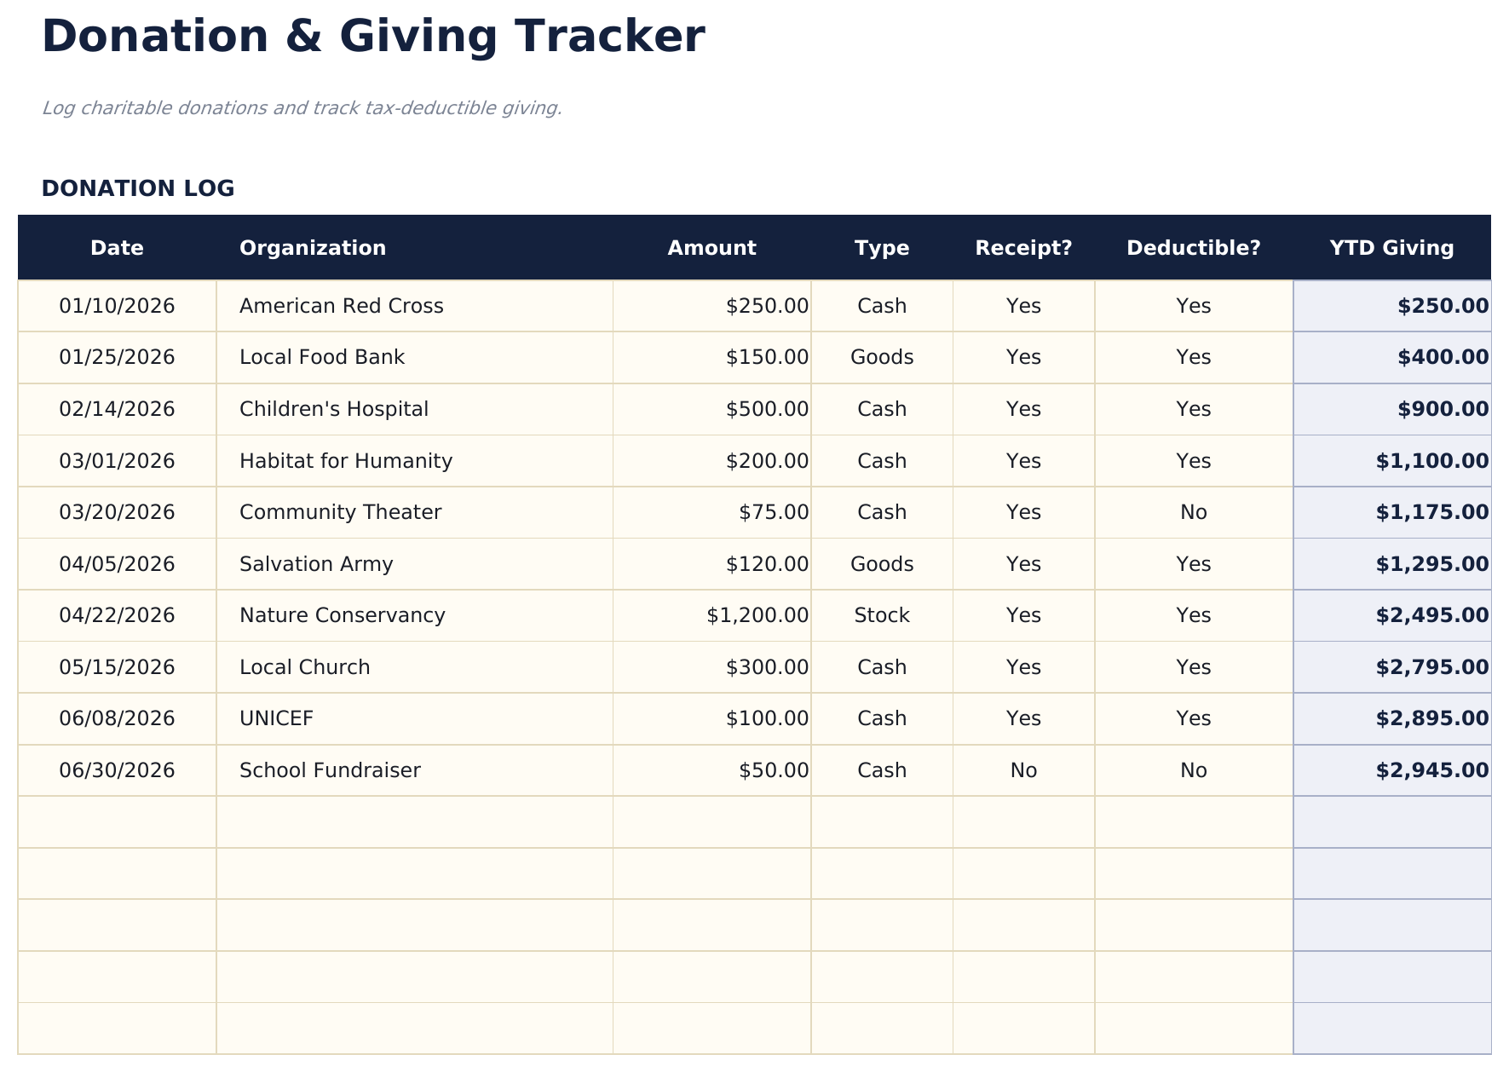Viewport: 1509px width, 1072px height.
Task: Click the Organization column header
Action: pos(312,248)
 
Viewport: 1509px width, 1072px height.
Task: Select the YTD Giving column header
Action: pos(1391,248)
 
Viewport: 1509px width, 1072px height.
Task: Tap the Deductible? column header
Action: pos(1193,248)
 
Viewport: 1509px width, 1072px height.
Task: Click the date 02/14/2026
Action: pos(117,409)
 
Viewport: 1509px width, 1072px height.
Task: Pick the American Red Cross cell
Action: pos(341,306)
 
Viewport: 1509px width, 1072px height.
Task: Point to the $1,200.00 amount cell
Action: pos(757,615)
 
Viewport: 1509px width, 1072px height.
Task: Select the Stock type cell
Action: pos(882,615)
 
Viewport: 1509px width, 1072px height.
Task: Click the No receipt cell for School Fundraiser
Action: pos(1023,770)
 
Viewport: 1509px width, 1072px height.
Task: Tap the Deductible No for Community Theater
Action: pos(1193,512)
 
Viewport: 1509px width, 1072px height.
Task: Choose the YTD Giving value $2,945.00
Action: pos(1431,770)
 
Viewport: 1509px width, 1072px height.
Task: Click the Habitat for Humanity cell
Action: pos(345,461)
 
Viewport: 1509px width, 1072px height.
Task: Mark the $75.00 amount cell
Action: pos(774,512)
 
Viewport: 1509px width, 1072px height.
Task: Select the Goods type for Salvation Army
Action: pos(882,564)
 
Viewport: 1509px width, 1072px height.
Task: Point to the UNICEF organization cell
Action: pos(276,718)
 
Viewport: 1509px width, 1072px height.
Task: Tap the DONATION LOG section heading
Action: pos(137,188)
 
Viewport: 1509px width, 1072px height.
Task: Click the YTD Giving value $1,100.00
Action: pos(1431,461)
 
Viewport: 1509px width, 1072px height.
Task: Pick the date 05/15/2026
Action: pos(117,667)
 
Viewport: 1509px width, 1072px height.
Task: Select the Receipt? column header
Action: pos(1023,248)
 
